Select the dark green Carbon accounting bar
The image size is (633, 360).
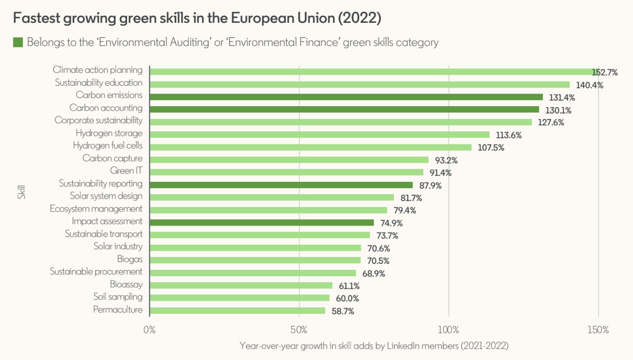click(x=344, y=109)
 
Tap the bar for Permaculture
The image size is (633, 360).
click(x=237, y=310)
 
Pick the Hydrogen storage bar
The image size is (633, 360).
click(x=319, y=134)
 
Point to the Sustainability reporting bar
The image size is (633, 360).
click(x=281, y=185)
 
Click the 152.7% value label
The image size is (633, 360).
click(x=604, y=72)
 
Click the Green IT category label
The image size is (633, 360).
click(x=126, y=171)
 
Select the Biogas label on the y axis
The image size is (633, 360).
click(x=129, y=259)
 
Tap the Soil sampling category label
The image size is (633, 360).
click(x=118, y=297)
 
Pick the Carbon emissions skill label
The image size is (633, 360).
click(x=109, y=95)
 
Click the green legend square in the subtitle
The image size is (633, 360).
click(x=18, y=43)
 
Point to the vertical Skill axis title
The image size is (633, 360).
click(x=21, y=191)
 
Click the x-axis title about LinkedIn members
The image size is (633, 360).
click(x=373, y=346)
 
